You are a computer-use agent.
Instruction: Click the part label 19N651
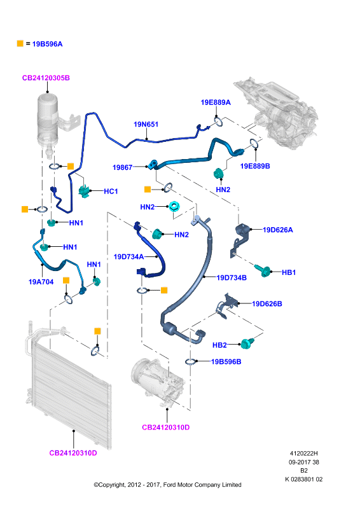pyautogui.click(x=146, y=124)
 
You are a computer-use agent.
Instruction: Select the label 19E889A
pyautogui.click(x=216, y=102)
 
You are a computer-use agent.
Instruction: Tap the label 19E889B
pyautogui.click(x=255, y=166)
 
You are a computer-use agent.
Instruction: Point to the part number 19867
pyautogui.click(x=122, y=167)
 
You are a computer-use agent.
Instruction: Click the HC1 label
pyautogui.click(x=111, y=192)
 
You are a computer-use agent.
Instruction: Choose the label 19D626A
pyautogui.click(x=277, y=230)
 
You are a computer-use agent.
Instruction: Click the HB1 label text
pyautogui.click(x=289, y=272)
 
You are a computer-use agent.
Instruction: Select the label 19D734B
pyautogui.click(x=232, y=277)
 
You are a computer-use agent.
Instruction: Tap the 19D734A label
pyautogui.click(x=128, y=257)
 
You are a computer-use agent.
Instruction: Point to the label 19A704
pyautogui.click(x=41, y=282)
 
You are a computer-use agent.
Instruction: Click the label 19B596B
pyautogui.click(x=226, y=361)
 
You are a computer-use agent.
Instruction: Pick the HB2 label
pyautogui.click(x=219, y=345)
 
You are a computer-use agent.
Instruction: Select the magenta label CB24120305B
pyautogui.click(x=46, y=78)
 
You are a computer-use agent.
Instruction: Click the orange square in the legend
pyautogui.click(x=20, y=43)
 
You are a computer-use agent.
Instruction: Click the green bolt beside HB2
pyautogui.click(x=247, y=343)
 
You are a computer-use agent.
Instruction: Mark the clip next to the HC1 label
pyautogui.click(x=85, y=190)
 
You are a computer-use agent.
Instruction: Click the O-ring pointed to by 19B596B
pyautogui.click(x=190, y=361)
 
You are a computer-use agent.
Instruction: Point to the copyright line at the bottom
pyautogui.click(x=167, y=485)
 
